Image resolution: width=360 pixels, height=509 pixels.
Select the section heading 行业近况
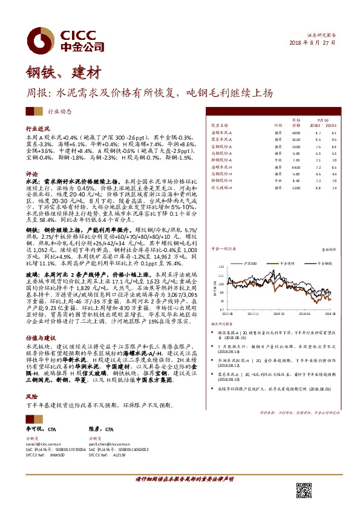coord(38,129)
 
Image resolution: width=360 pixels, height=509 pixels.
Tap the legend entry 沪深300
coord(251,264)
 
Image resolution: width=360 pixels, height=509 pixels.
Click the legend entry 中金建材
coord(286,264)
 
